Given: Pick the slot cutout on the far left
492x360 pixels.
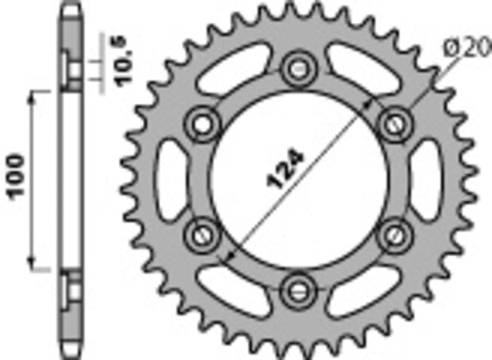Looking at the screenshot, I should [x=168, y=179].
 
